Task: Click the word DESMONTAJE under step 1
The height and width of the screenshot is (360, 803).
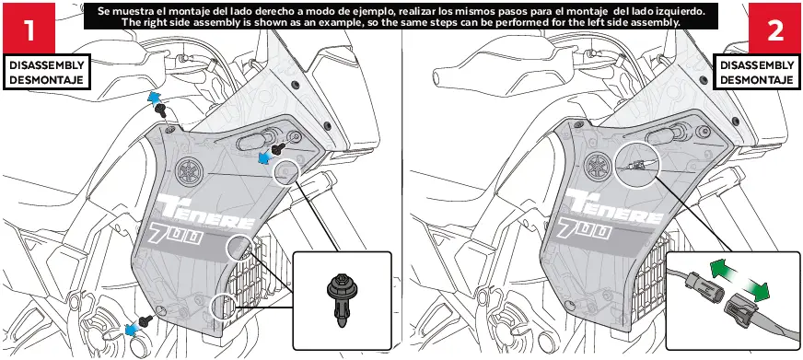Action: coord(48,80)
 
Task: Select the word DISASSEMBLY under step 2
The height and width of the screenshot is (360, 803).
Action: coord(757,66)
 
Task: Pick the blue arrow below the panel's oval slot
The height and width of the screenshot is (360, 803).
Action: coord(266,157)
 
